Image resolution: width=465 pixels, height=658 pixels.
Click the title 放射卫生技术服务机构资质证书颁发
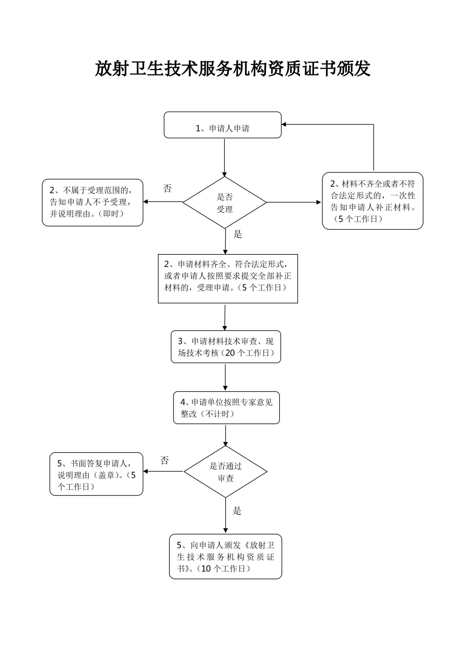point(233,69)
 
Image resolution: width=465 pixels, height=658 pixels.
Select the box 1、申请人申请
point(223,125)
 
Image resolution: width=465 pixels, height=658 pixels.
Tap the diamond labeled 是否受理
point(225,202)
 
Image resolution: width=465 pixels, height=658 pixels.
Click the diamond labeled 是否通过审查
point(225,472)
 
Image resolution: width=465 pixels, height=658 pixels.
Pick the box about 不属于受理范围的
point(93,203)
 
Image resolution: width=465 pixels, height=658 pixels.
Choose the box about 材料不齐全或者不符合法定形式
point(373,201)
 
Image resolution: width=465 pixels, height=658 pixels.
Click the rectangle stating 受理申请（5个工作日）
point(228,279)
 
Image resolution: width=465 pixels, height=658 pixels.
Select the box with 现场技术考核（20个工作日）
point(226,347)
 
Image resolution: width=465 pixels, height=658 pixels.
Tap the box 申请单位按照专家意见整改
point(226,408)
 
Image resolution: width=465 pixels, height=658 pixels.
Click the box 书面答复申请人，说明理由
point(96,474)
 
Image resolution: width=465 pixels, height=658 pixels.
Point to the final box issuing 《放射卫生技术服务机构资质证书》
point(226,556)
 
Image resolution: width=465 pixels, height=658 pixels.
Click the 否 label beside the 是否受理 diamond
point(167,188)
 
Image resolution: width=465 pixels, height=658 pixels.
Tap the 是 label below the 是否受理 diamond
point(238,234)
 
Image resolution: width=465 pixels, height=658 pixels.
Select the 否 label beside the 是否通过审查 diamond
point(165,460)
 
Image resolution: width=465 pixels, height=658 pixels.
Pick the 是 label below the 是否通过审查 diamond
point(237,511)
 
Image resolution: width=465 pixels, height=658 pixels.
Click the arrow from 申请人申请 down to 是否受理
point(224,158)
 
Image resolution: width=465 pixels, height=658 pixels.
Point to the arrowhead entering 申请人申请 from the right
point(284,125)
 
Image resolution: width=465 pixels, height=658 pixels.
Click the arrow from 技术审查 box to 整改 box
point(225,378)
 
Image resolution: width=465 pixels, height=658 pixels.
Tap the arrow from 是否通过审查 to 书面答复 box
point(163,471)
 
